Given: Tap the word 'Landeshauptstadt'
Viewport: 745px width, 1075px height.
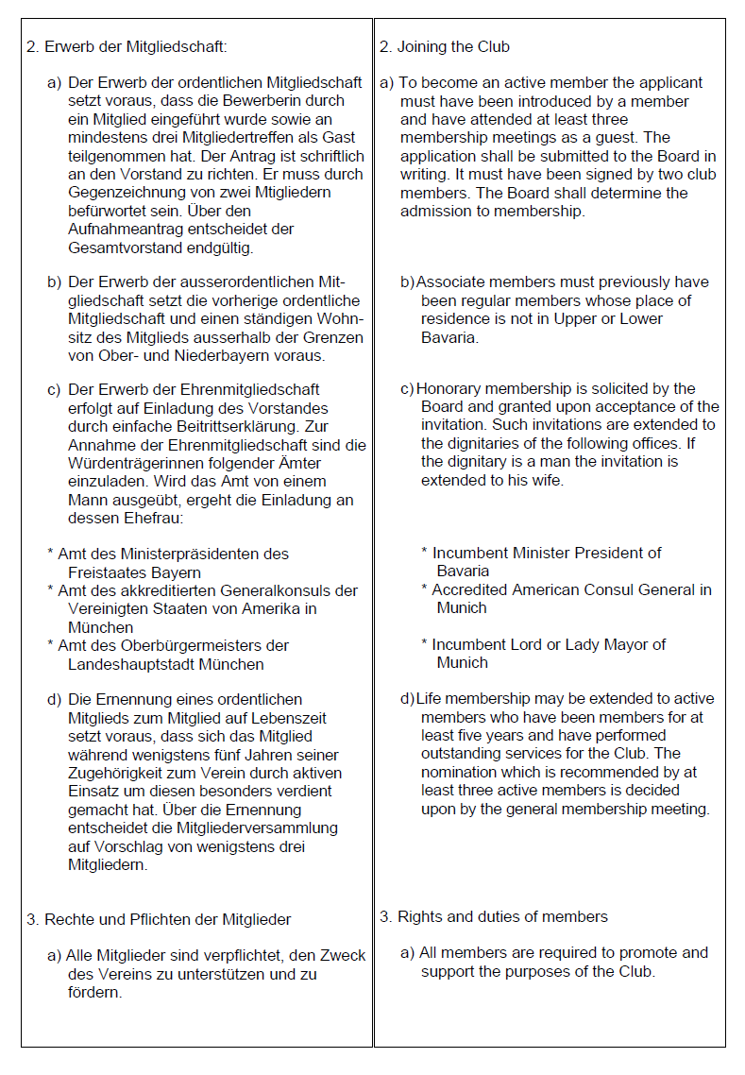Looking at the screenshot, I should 126,664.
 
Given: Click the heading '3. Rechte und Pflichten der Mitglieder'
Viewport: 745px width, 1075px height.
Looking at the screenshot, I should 159,919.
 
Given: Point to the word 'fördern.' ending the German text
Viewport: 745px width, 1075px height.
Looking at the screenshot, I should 94,992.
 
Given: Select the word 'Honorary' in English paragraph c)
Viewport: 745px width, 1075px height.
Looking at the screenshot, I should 449,389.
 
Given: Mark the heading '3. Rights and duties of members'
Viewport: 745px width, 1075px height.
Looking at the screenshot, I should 494,917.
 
